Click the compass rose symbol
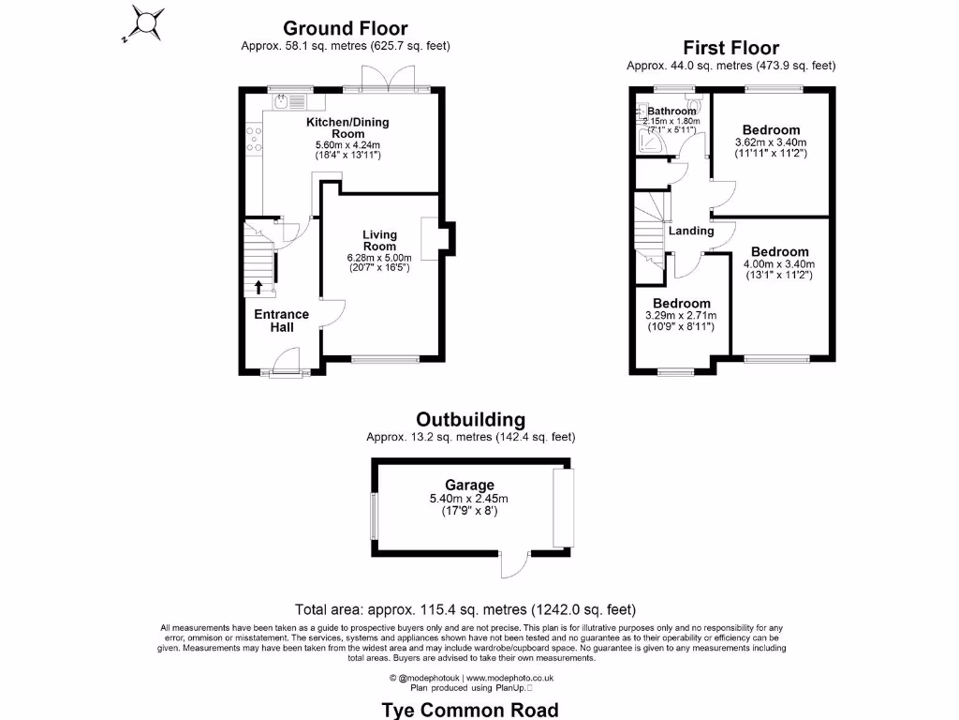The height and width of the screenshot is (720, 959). [144, 22]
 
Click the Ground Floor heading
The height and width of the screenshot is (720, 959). [345, 29]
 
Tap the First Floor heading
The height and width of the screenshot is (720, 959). [730, 48]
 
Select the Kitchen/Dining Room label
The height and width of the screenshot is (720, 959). [347, 127]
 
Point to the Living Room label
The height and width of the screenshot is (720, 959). [380, 240]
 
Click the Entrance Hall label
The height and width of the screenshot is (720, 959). [282, 321]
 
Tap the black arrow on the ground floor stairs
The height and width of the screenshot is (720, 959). [258, 287]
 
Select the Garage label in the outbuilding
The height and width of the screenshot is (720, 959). [469, 485]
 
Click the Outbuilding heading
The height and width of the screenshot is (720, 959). [471, 420]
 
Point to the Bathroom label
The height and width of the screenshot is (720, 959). [671, 111]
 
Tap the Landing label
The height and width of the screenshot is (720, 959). [691, 231]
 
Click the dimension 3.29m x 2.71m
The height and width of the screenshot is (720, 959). [681, 316]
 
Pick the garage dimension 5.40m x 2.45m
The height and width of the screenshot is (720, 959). [469, 499]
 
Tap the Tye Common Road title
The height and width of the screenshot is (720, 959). [470, 710]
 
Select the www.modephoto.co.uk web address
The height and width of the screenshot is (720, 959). [510, 677]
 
